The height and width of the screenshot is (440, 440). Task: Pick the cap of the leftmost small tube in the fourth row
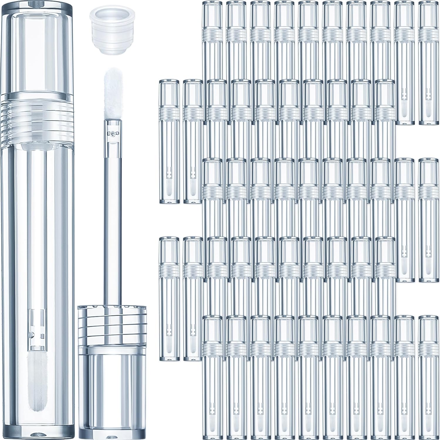coord(169,249)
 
